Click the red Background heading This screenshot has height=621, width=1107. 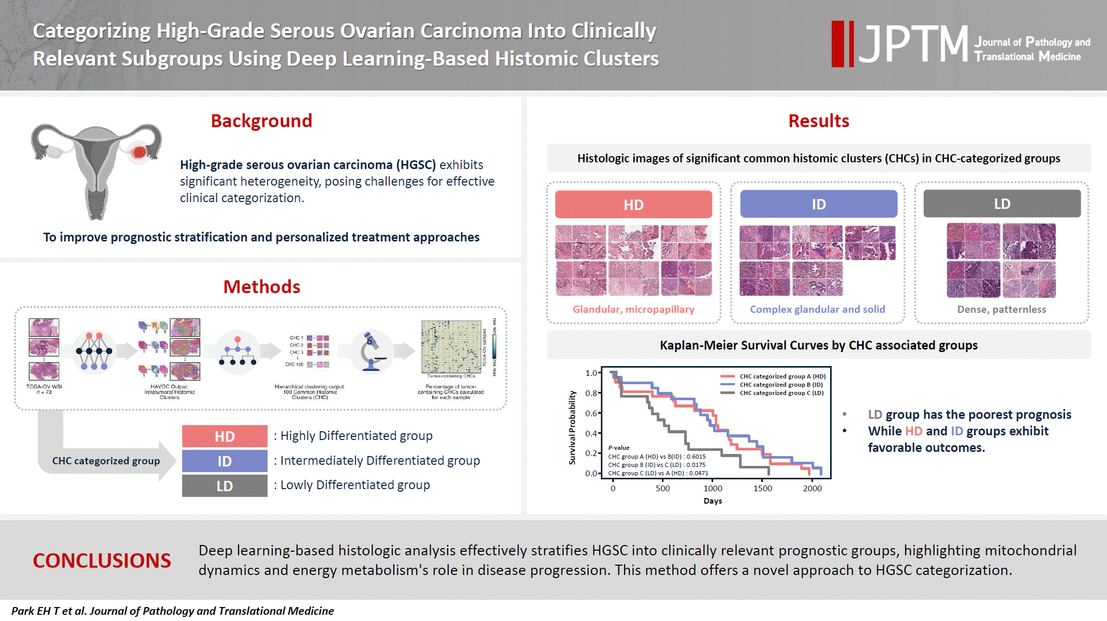point(261,121)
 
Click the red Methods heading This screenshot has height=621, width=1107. point(261,287)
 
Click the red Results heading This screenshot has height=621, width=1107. point(818,121)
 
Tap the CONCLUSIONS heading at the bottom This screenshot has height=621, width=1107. point(102,561)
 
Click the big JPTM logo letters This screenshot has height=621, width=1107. point(913,44)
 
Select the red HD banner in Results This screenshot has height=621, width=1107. point(633,205)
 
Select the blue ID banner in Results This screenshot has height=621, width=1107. point(818,204)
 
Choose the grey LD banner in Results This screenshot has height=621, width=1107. point(1002,204)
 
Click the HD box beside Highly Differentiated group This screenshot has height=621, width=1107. point(225,436)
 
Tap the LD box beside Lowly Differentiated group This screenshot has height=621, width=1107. point(225,486)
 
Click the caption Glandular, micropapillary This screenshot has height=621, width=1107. point(633,309)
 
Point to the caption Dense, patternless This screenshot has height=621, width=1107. point(1001,309)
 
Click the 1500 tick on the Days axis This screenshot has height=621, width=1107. point(762,488)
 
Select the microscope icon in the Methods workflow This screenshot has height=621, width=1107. point(372,352)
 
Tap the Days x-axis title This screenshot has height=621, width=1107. point(713,501)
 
